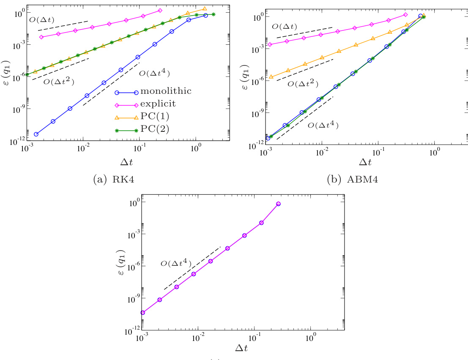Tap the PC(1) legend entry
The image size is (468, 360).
click(154, 117)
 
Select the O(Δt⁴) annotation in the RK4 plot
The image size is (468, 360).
click(154, 73)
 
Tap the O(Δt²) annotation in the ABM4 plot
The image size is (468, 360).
click(302, 84)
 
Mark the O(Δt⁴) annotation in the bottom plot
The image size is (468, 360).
click(176, 264)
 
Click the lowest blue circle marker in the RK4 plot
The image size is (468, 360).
click(36, 134)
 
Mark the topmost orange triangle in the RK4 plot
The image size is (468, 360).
click(205, 8)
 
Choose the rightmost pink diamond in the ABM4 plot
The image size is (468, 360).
click(405, 15)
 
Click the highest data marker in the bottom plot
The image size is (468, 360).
click(278, 204)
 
